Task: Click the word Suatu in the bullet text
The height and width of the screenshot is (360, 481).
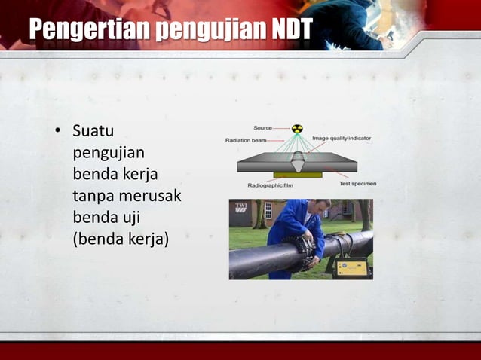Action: point(93,131)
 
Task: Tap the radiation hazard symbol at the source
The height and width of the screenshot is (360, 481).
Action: point(297,129)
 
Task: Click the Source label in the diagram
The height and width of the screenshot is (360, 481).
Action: point(262,128)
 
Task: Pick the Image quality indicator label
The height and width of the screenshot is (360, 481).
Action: point(341,139)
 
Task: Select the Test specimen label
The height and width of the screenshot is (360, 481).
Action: point(357,184)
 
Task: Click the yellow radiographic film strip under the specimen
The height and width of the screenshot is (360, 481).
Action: point(298,175)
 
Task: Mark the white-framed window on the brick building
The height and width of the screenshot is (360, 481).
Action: point(268,209)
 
